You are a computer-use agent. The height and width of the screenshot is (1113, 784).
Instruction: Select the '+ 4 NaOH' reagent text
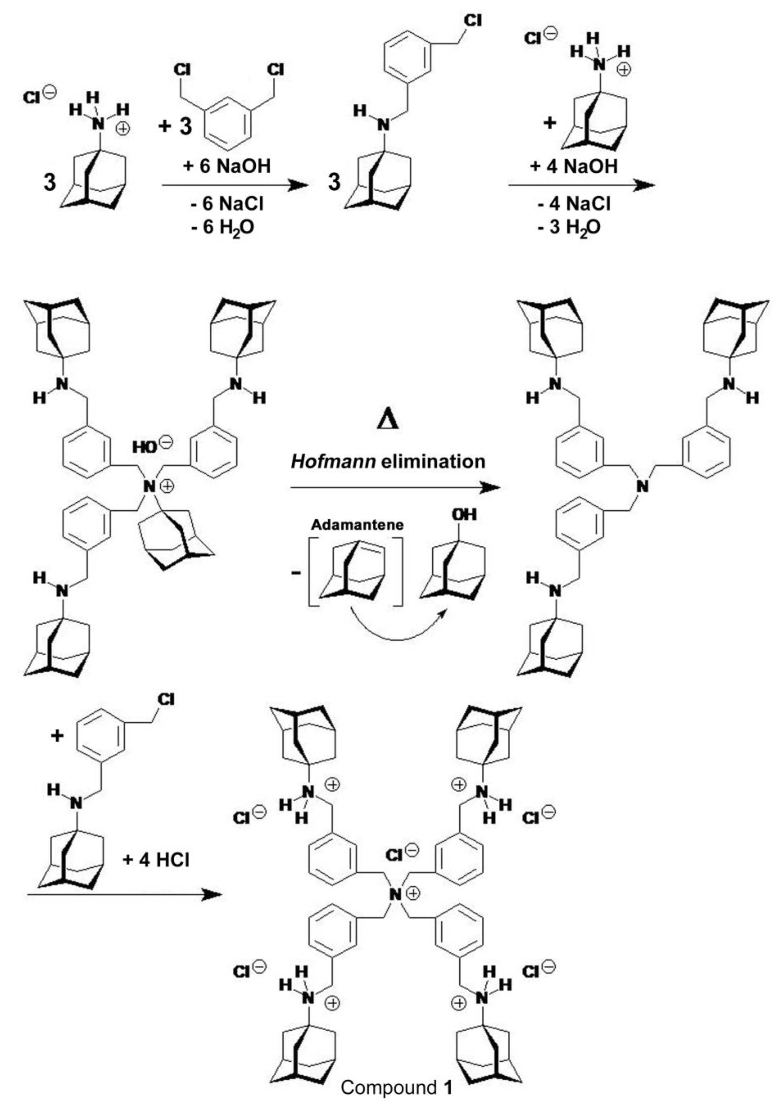point(574,166)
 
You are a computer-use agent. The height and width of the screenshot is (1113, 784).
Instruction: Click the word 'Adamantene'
point(357,525)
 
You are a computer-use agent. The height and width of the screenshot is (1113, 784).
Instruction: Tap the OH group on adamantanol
point(464,515)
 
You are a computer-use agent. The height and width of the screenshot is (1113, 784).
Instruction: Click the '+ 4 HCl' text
point(156,860)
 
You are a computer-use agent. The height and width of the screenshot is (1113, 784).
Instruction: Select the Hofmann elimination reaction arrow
point(395,488)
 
